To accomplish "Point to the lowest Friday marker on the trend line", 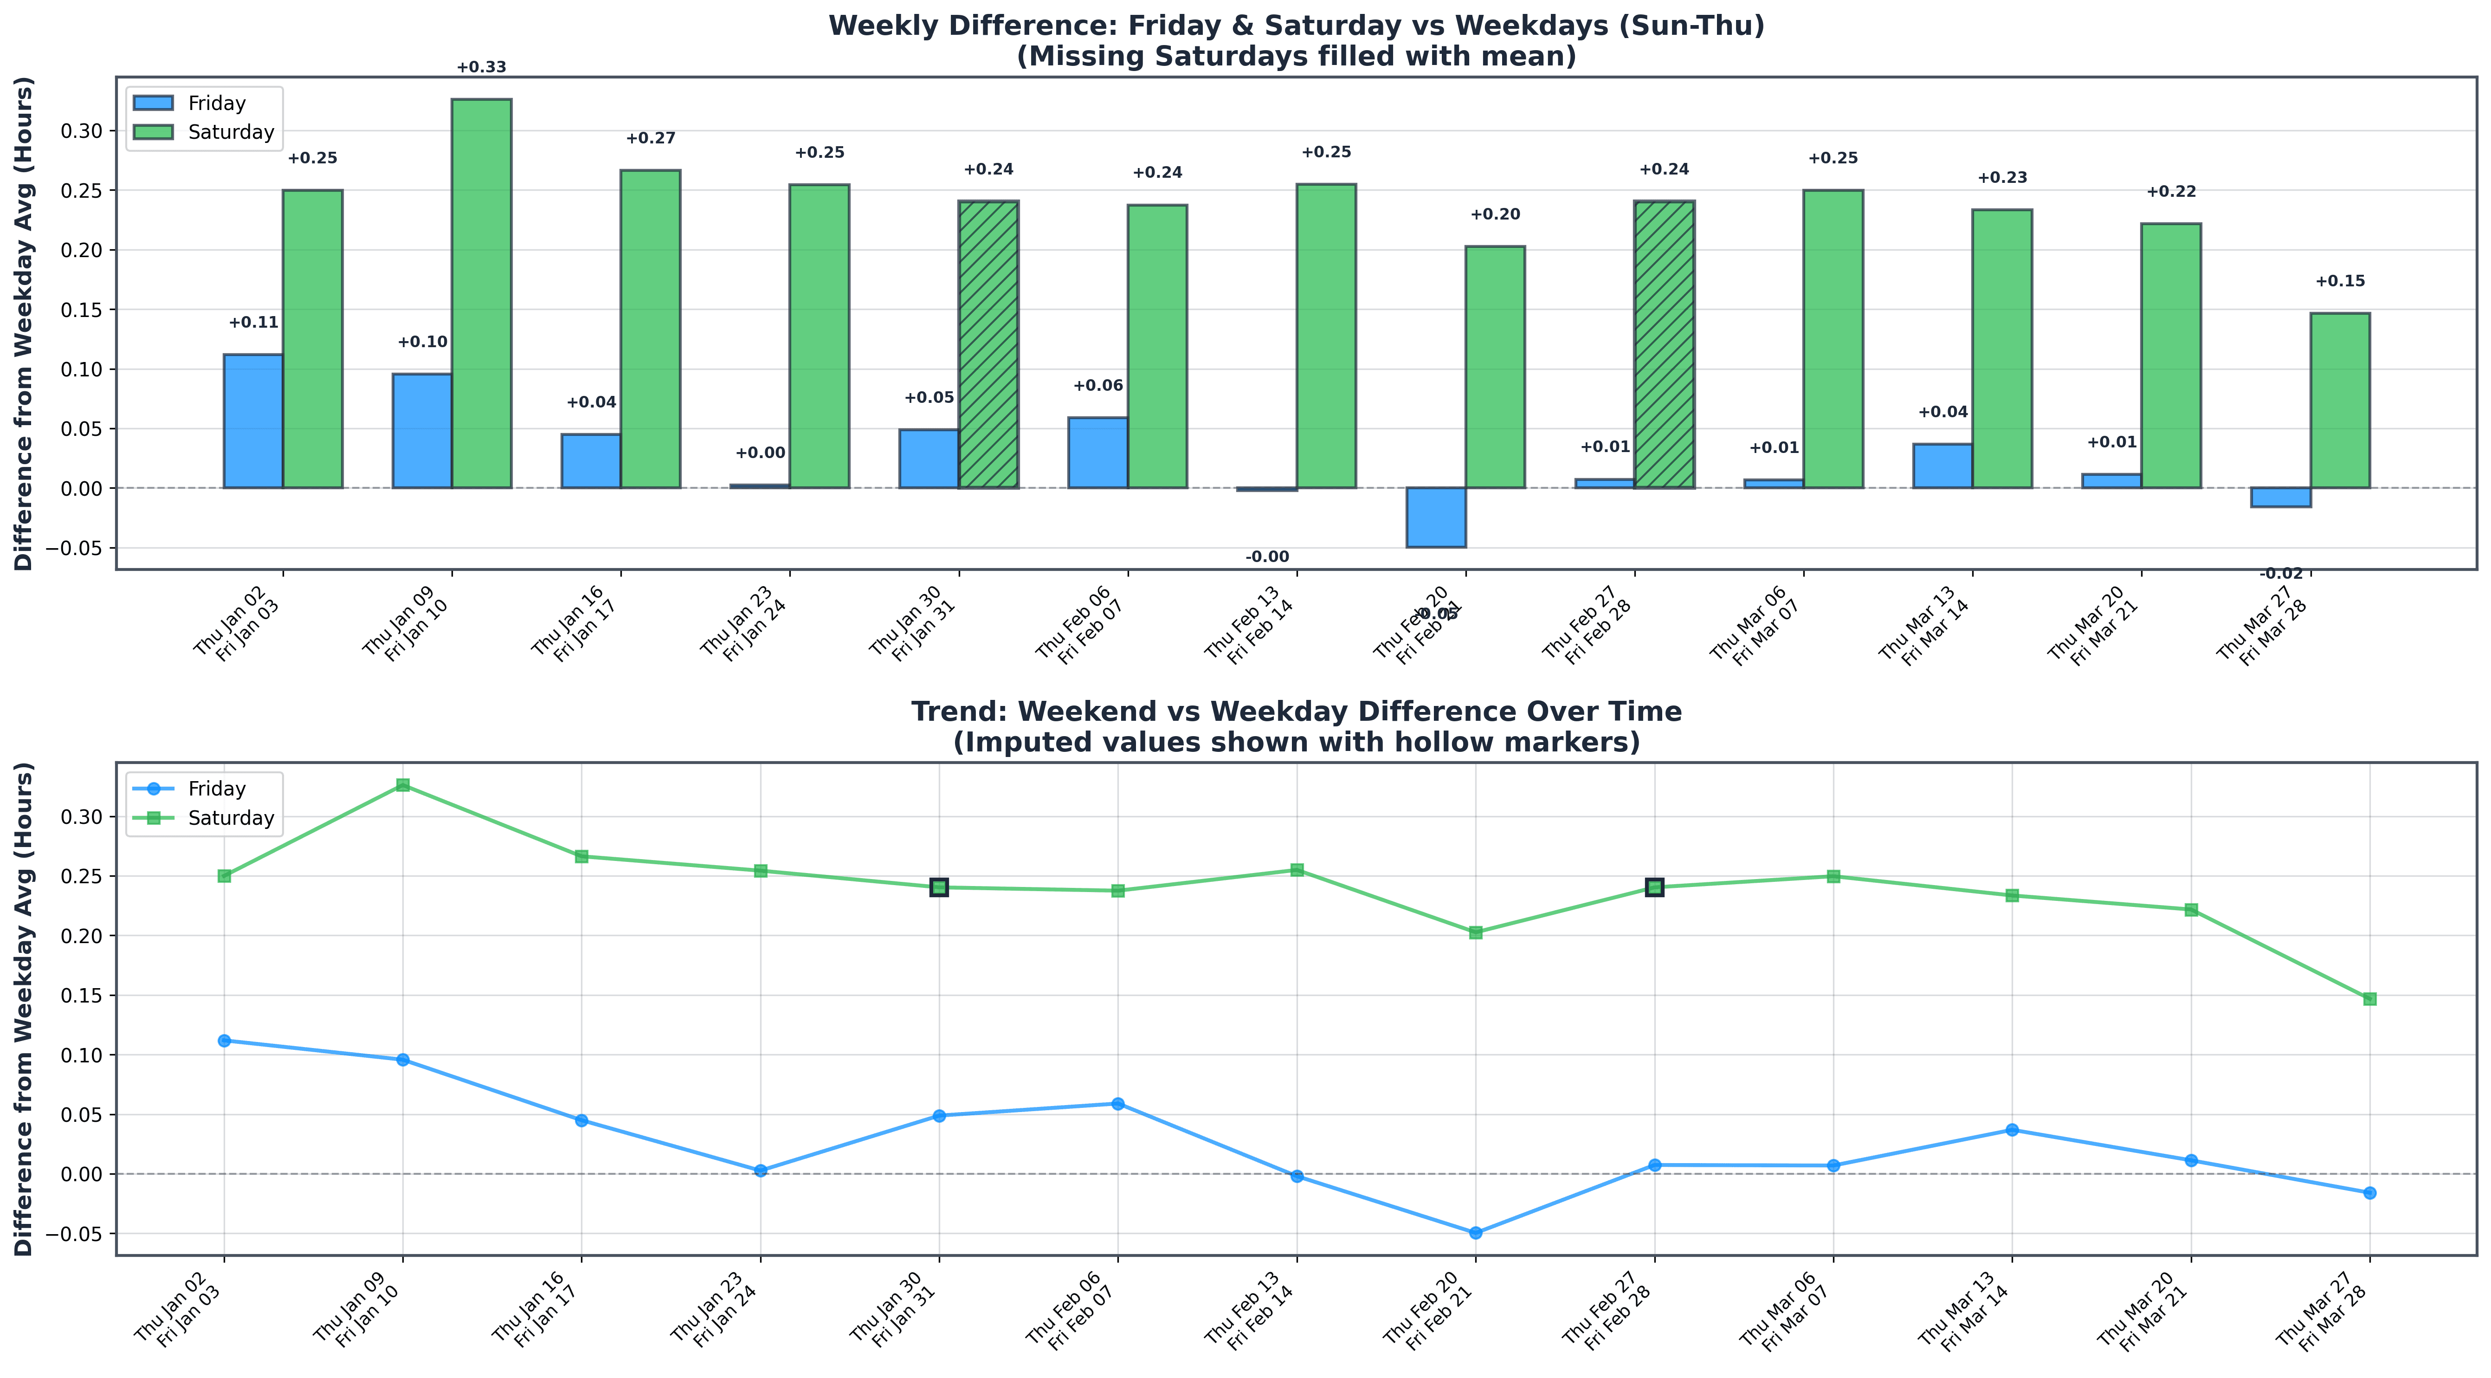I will point(1476,1233).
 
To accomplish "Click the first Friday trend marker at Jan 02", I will point(224,1041).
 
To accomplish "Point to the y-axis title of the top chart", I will point(23,324).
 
